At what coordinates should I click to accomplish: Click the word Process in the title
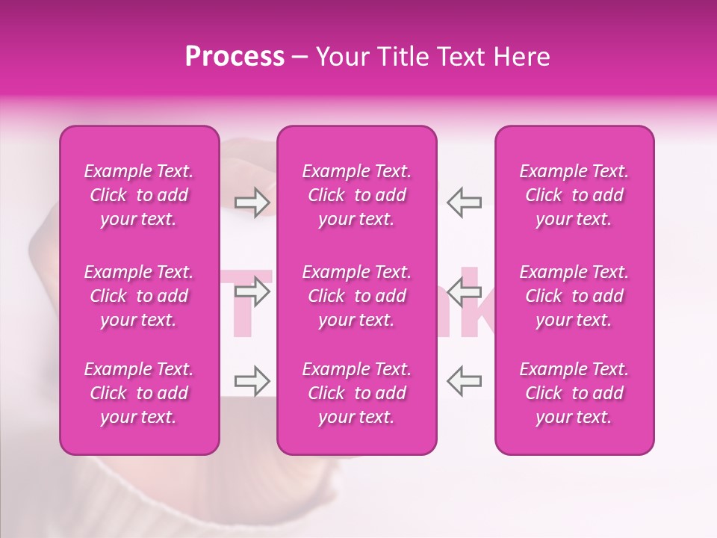[235, 57]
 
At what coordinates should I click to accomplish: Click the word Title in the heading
[402, 57]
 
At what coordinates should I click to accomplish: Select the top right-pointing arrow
[252, 202]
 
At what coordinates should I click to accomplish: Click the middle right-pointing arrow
[252, 291]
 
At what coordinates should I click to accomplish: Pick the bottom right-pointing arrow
[252, 381]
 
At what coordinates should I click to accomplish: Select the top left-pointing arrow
[465, 202]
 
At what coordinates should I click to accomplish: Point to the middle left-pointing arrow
[465, 291]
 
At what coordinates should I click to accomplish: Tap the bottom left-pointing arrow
[465, 381]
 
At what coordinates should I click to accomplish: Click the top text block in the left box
[139, 195]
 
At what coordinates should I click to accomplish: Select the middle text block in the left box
[139, 296]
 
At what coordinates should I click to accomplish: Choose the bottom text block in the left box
[139, 393]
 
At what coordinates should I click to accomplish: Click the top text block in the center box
[356, 195]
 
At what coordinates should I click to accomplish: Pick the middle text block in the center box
[356, 296]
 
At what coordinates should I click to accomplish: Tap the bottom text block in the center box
[356, 393]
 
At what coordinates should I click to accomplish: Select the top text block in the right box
[574, 195]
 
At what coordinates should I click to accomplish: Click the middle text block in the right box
[574, 296]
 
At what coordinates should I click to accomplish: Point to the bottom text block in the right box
[574, 393]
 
